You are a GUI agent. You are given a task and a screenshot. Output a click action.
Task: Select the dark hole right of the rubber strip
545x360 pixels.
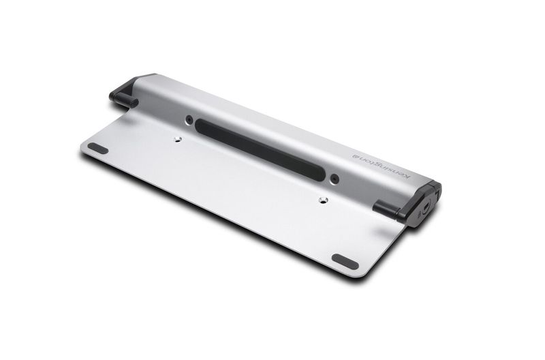[x=334, y=179]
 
